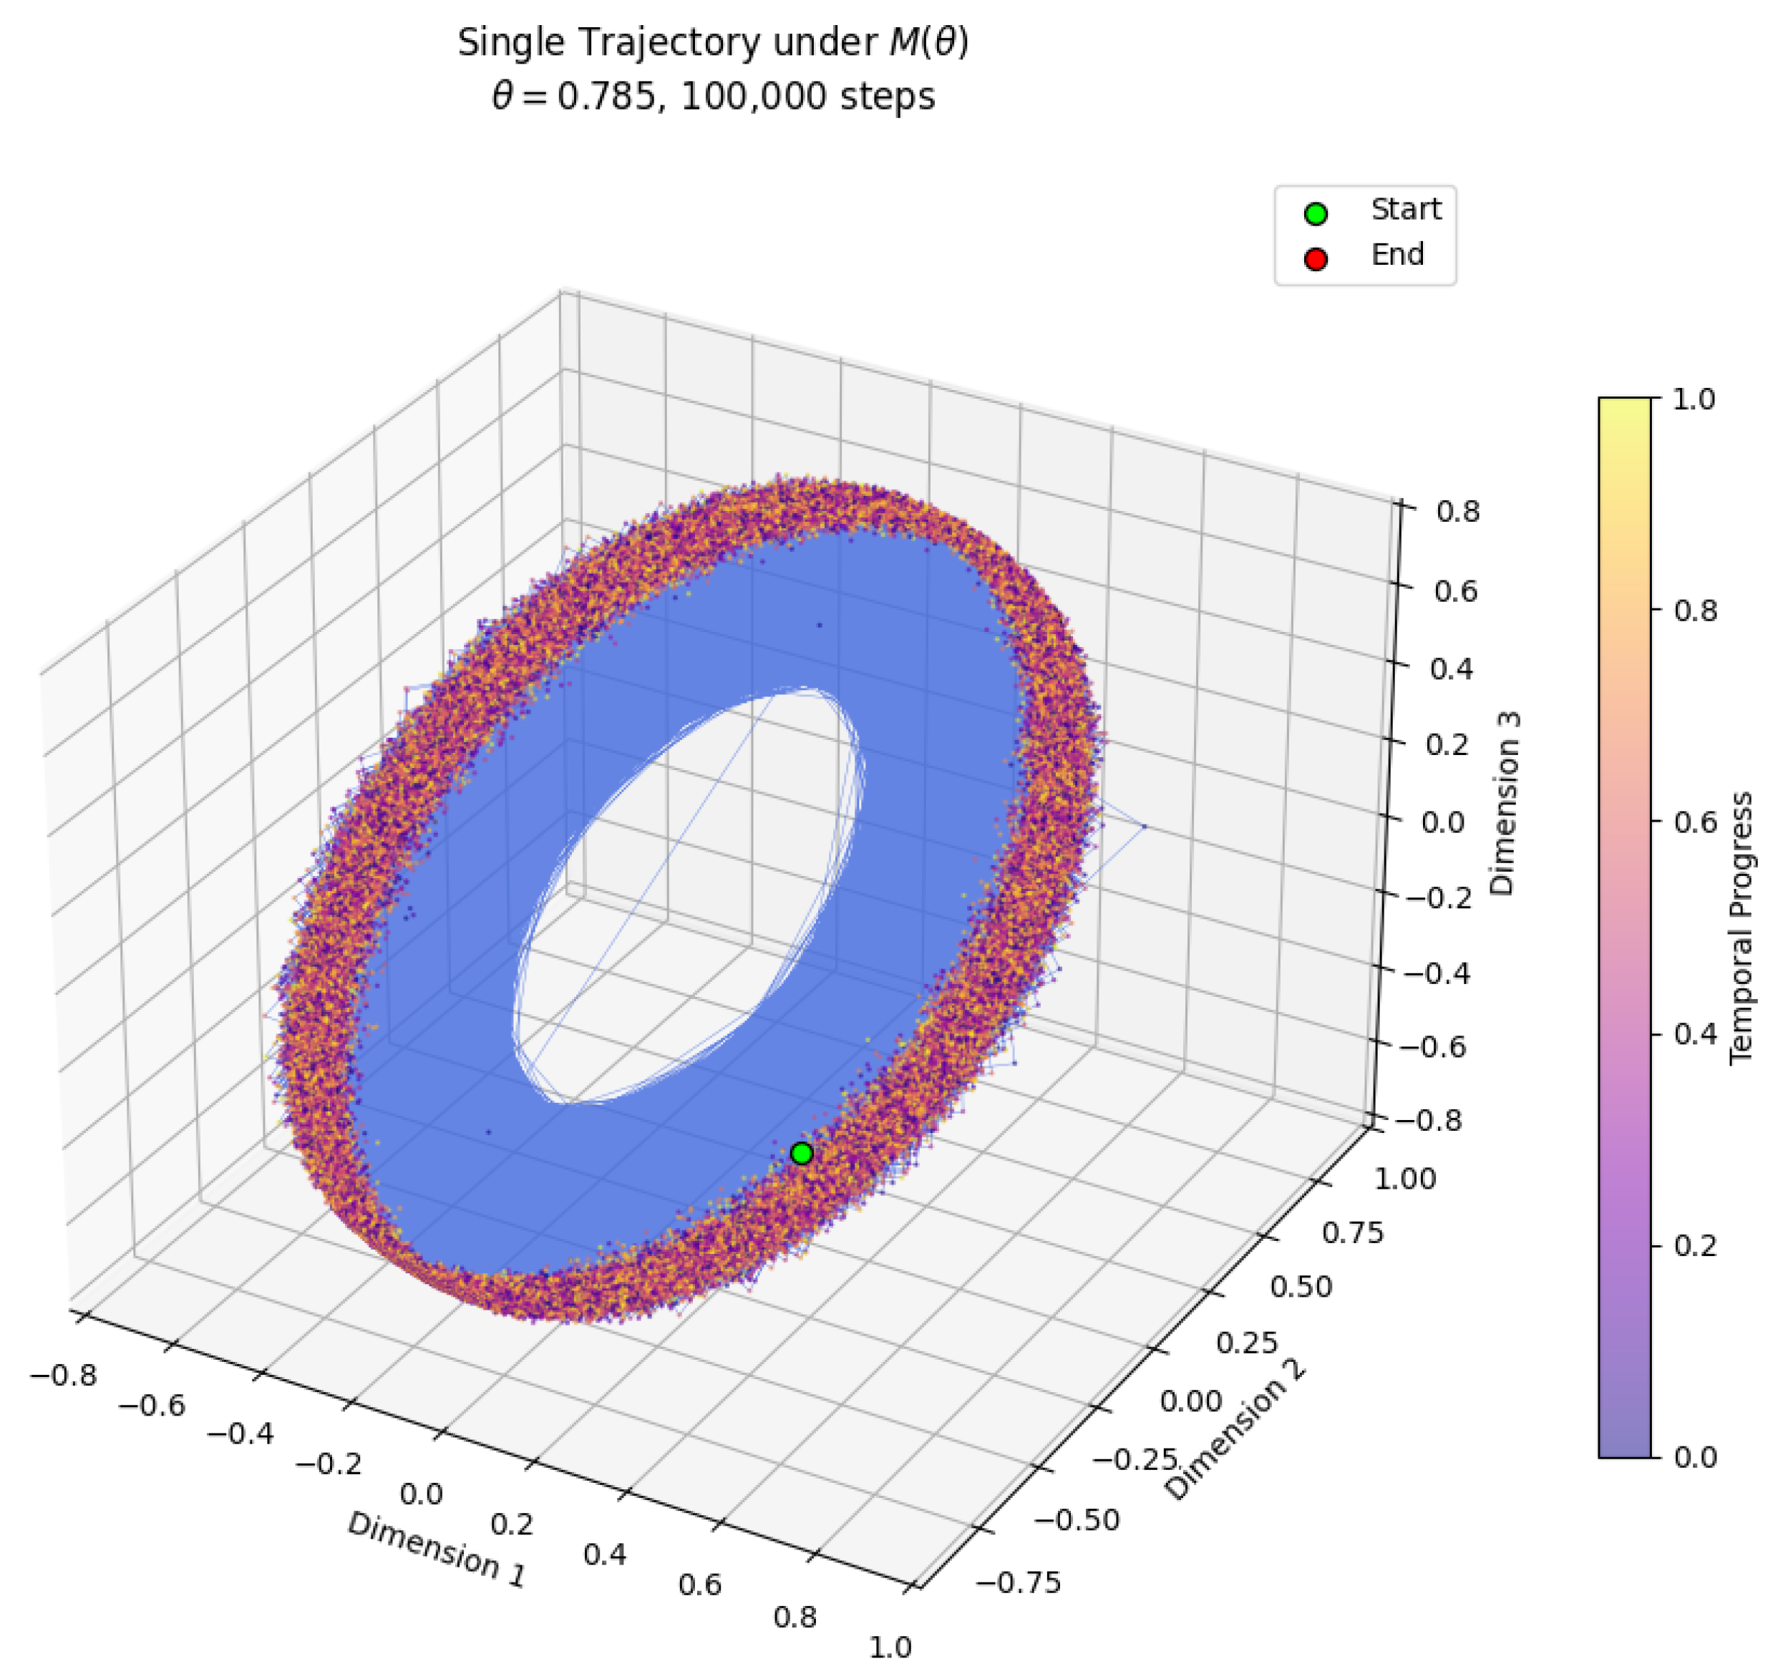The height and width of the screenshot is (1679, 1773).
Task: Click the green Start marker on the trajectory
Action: [801, 1154]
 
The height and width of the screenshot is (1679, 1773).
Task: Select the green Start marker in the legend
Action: [1315, 214]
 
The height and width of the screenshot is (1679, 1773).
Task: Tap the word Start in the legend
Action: [1405, 210]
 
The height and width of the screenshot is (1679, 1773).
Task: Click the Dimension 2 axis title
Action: [1235, 1431]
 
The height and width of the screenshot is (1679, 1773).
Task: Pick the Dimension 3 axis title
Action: [1505, 804]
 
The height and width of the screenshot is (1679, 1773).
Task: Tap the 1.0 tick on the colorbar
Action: [1694, 399]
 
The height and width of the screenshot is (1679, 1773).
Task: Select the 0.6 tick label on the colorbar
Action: [1694, 822]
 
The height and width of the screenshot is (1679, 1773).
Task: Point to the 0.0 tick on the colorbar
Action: [1694, 1457]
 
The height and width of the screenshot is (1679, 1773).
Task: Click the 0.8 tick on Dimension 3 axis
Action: [1458, 512]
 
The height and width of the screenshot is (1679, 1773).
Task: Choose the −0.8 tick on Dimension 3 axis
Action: [1433, 1121]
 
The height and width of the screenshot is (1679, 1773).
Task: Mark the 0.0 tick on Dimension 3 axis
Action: [1443, 822]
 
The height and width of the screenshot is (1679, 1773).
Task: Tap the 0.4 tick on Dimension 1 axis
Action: [604, 1554]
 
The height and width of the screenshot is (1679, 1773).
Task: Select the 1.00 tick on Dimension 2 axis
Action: [1404, 1179]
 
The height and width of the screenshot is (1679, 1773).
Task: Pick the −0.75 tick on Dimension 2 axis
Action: [1018, 1582]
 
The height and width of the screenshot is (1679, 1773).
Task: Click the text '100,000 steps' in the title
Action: [807, 97]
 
